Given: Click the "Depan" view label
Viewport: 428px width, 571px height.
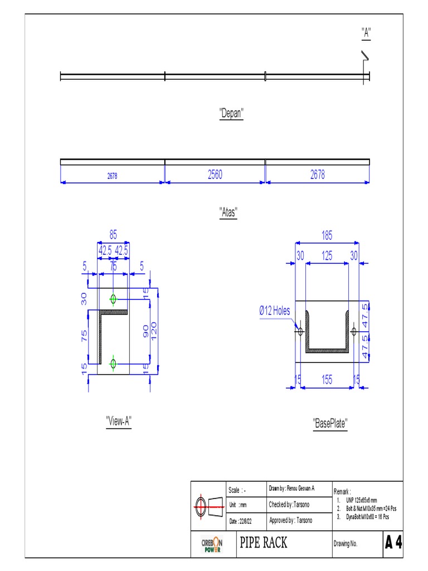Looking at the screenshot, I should (x=231, y=114).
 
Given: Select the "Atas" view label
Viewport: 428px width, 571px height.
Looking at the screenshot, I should (x=228, y=212).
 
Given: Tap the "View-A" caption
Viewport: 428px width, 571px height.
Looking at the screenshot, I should (x=118, y=421).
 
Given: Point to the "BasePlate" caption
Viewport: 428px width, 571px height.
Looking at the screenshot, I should (x=330, y=424).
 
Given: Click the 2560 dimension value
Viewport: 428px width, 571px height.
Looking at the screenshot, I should (x=215, y=175).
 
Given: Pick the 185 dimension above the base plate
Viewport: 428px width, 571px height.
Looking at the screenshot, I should (x=327, y=236).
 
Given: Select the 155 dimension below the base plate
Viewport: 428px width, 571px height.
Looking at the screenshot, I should (x=327, y=380).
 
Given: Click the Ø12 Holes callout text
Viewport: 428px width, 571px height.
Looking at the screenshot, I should (x=274, y=311).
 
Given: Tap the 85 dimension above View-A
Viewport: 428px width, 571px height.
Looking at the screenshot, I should (x=113, y=235).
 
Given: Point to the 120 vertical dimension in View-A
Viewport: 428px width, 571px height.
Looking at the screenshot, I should (x=155, y=331).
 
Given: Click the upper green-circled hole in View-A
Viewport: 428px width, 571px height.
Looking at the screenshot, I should (x=113, y=299).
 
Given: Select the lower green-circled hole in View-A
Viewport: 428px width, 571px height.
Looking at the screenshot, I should (x=113, y=364).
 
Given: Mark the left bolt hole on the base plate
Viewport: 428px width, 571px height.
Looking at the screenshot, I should (x=300, y=332).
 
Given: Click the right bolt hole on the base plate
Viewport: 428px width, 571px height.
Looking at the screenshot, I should (x=353, y=332).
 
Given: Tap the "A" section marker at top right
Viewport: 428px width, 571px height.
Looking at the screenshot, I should (x=366, y=33).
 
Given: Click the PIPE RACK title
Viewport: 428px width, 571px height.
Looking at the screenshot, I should (x=264, y=543).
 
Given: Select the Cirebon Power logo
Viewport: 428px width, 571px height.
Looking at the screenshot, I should (x=212, y=544).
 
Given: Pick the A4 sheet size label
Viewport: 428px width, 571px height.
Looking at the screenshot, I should (x=393, y=543).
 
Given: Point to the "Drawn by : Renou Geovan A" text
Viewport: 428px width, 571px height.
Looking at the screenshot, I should (x=292, y=488).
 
